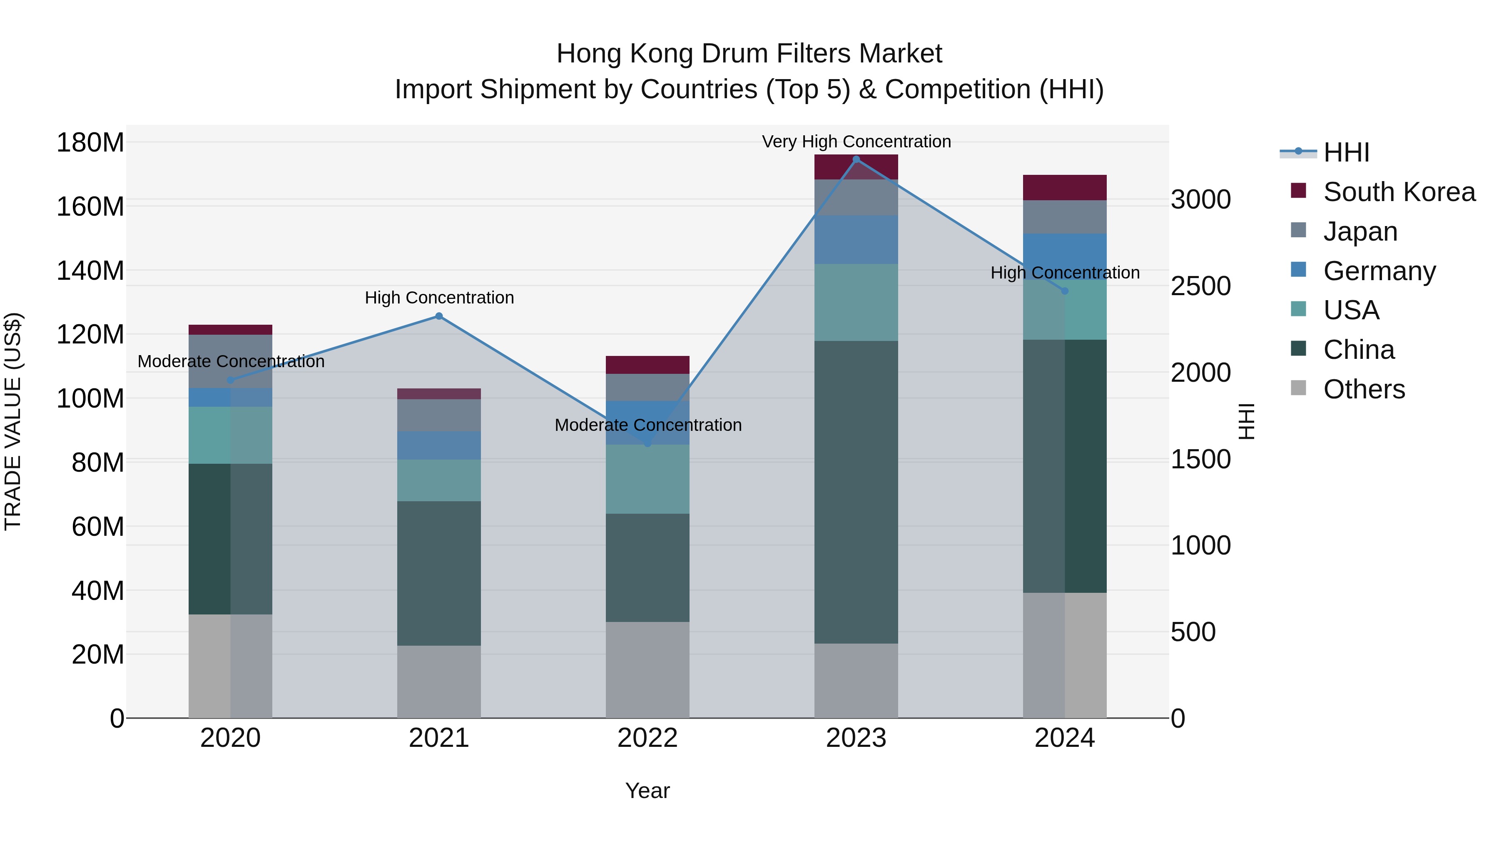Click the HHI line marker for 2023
point(856,159)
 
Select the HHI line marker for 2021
point(439,316)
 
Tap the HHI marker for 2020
point(230,380)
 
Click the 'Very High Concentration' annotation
point(856,142)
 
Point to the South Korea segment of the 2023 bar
point(856,167)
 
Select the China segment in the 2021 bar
point(439,573)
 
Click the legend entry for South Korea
point(1399,192)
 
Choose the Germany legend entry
point(1379,271)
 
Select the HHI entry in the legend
point(1346,152)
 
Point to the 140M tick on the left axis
point(90,271)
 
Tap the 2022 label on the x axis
point(647,738)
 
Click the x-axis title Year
point(647,791)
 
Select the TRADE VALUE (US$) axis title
point(13,421)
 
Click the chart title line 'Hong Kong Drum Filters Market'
point(749,54)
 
